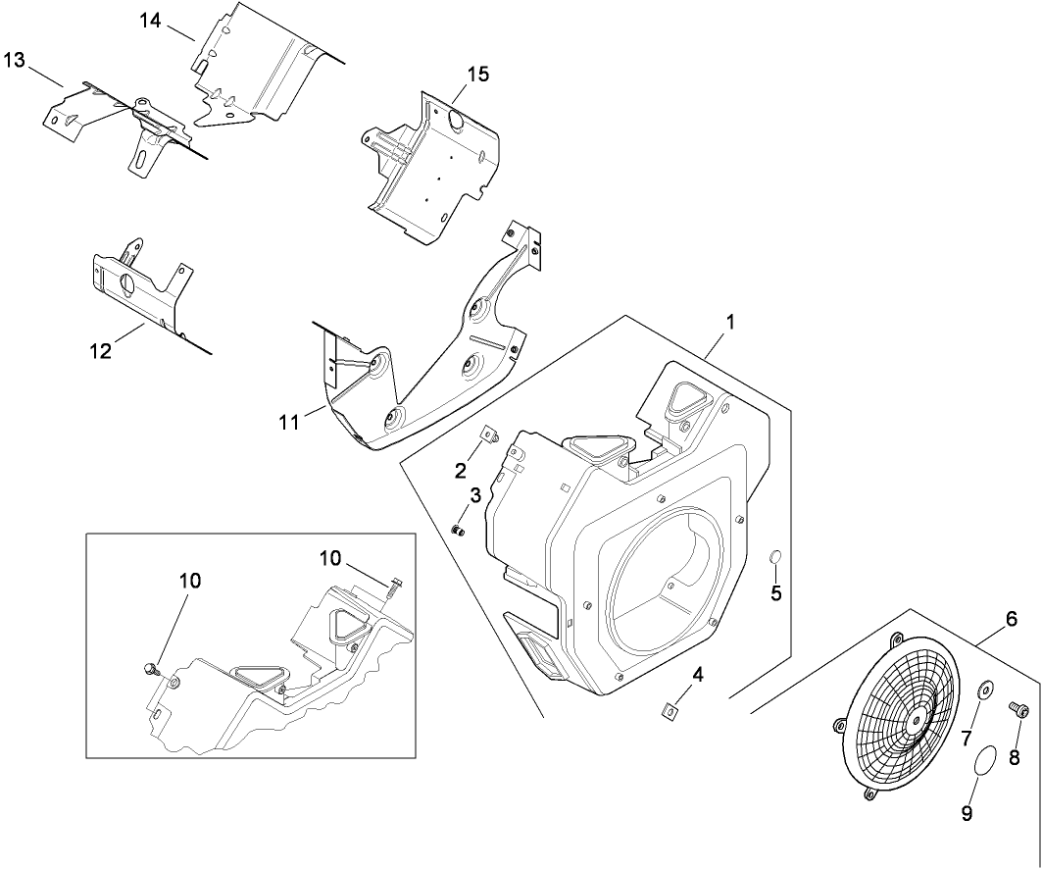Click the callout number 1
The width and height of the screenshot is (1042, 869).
(x=729, y=323)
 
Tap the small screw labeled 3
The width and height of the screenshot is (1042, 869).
(x=457, y=531)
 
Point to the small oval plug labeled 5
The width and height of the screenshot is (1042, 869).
(x=775, y=559)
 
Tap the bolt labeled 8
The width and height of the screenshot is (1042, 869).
(x=1017, y=707)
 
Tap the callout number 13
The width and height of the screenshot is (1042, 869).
(x=14, y=61)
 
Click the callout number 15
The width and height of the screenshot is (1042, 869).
(x=477, y=75)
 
